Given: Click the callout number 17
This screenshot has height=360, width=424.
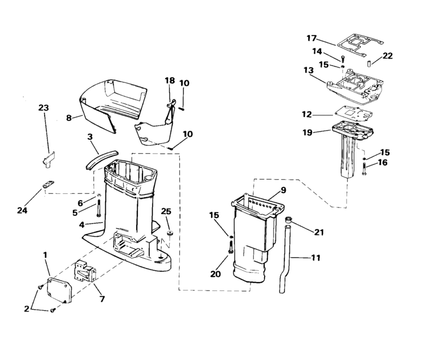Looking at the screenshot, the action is (x=311, y=38).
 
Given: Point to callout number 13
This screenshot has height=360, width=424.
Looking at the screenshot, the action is (x=309, y=70).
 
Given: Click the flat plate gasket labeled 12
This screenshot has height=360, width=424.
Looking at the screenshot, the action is (x=354, y=115).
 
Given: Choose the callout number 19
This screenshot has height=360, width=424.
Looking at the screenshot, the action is (x=308, y=133).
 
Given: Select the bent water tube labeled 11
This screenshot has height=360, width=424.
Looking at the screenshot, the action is (x=285, y=257).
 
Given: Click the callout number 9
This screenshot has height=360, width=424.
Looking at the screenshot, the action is (x=283, y=190).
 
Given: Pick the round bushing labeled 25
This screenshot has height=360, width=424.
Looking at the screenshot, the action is (x=170, y=233).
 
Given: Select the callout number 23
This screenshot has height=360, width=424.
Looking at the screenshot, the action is (x=44, y=108).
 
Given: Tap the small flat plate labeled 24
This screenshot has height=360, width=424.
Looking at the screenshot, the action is (x=49, y=185).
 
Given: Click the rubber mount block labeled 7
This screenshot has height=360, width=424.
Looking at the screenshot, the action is (x=85, y=270).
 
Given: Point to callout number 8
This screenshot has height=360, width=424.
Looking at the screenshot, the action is (x=69, y=118).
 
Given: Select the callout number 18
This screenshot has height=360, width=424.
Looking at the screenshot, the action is (x=170, y=81).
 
